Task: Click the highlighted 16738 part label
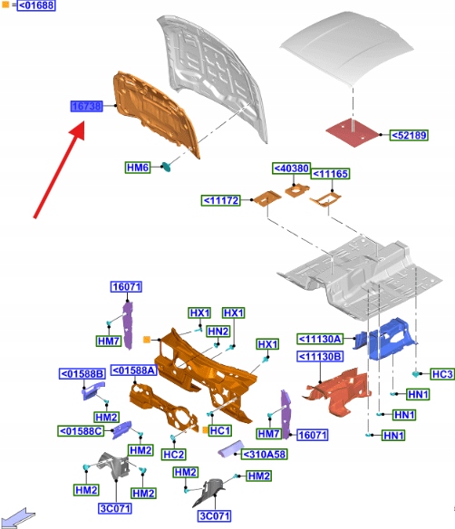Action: [x=87, y=106]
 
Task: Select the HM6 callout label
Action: [x=138, y=168]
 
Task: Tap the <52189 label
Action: [x=409, y=135]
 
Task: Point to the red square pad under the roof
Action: [x=353, y=132]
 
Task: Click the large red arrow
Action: [x=60, y=170]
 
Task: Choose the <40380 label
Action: [x=291, y=168]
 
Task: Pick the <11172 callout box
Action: [x=221, y=200]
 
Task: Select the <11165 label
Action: [x=330, y=174]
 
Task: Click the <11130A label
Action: [x=320, y=339]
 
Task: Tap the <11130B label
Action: [x=320, y=356]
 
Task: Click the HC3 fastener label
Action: [x=442, y=374]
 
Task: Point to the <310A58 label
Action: [x=265, y=455]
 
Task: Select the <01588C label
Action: [x=81, y=431]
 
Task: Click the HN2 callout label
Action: [x=218, y=332]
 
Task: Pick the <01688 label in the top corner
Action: [x=36, y=5]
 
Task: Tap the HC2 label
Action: [x=174, y=455]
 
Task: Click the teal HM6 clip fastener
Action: [x=166, y=167]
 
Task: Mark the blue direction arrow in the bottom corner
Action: [x=17, y=518]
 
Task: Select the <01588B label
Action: [x=82, y=373]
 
